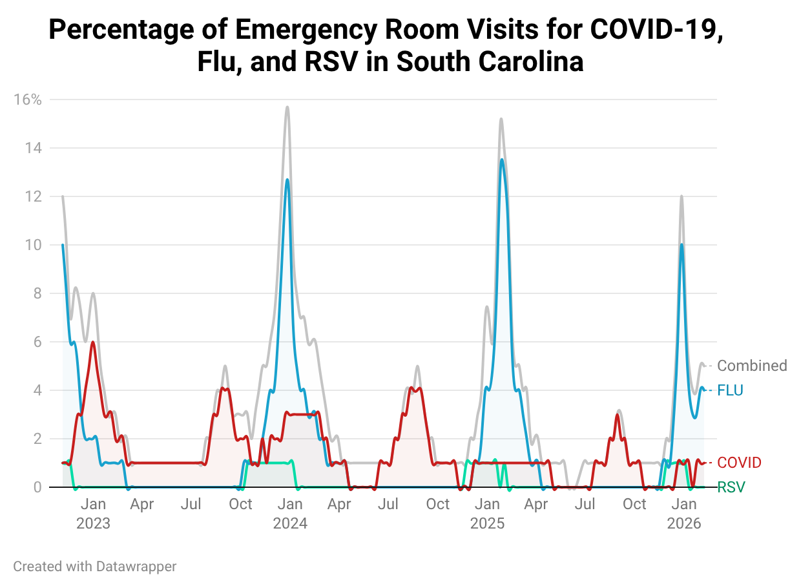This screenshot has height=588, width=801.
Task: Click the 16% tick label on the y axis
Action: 28,100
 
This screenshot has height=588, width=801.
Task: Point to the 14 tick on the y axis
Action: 33,148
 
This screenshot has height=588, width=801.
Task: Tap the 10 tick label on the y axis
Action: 33,245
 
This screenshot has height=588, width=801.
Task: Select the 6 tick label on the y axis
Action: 37,342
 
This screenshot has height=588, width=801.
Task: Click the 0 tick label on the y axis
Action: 37,487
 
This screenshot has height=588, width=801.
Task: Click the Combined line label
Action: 752,366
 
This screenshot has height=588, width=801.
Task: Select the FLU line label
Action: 730,390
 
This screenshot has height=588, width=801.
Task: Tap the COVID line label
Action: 739,463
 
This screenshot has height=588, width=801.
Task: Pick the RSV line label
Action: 731,487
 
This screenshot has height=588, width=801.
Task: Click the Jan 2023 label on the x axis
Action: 94,514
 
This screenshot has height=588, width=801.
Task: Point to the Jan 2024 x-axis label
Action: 290,514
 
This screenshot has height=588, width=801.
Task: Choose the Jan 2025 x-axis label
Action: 487,514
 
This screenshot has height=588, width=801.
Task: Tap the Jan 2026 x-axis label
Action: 684,514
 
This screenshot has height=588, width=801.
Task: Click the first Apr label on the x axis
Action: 141,504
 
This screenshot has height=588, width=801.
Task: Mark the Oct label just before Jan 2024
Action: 240,504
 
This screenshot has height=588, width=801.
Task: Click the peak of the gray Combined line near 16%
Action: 287,107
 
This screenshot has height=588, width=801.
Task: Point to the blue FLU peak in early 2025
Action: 502,160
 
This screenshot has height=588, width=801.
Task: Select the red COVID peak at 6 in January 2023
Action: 93,342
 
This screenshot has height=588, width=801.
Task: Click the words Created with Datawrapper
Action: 94,567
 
